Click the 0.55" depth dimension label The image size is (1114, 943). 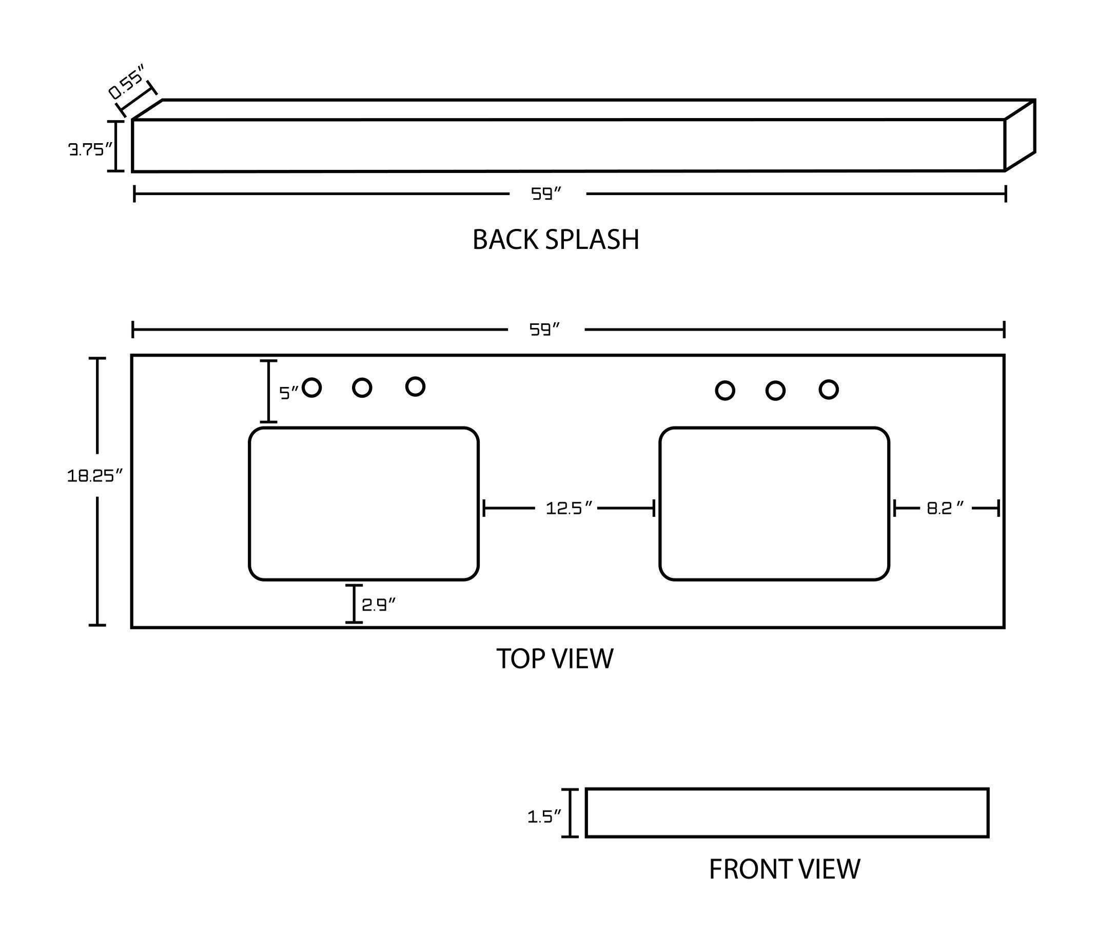tap(126, 82)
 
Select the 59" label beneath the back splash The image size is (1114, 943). tap(546, 194)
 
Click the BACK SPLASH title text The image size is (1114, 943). tap(556, 240)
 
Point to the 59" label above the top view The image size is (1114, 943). tap(544, 329)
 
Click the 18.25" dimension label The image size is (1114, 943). tap(94, 475)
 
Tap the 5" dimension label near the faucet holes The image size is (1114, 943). tap(288, 393)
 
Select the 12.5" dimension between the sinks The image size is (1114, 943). tap(569, 508)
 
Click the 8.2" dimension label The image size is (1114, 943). tap(945, 508)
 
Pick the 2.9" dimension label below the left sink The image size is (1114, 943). tap(378, 605)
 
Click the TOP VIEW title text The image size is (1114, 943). tap(555, 659)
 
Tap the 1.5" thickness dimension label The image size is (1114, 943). tap(544, 816)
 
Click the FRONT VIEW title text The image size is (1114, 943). tap(784, 869)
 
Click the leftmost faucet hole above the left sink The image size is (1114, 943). tap(311, 387)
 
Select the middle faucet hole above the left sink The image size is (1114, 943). tap(362, 388)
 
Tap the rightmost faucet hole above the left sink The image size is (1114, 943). tap(415, 386)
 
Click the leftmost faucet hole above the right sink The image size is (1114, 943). tap(725, 390)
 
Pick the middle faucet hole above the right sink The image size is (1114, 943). tap(775, 390)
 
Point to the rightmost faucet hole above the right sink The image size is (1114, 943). tap(828, 389)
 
